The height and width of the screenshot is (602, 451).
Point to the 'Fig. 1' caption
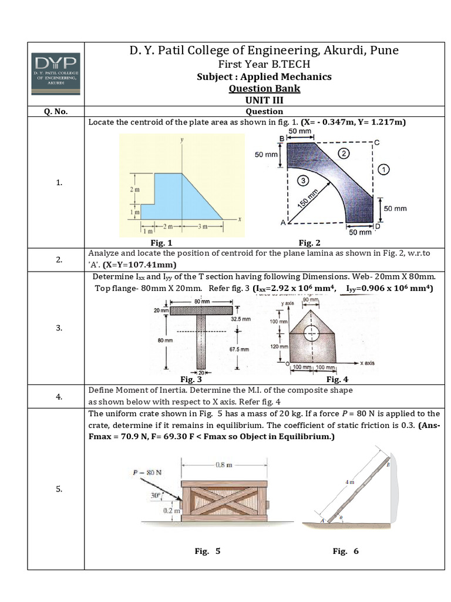[161, 242]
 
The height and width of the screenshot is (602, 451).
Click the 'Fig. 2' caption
[309, 242]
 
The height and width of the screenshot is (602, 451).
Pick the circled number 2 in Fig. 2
[345, 153]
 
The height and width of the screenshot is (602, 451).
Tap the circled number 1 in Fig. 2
[383, 169]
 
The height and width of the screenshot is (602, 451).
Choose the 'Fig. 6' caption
[345, 551]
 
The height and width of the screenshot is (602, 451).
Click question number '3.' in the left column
[59, 327]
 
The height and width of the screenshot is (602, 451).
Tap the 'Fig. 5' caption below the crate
[208, 551]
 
